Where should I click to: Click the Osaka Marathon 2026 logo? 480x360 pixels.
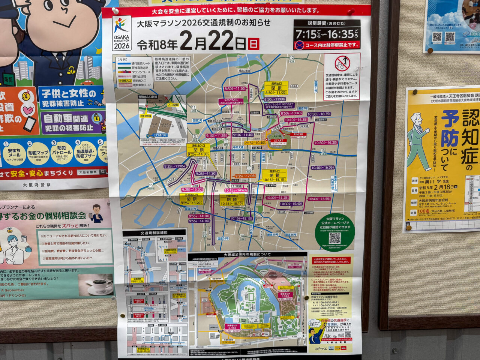click(121, 33)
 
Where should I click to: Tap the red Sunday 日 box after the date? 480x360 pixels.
click(253, 44)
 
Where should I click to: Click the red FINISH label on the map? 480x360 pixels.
click(298, 134)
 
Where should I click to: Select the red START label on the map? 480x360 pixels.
click(279, 141)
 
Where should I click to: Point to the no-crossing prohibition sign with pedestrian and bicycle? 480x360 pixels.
click(342, 63)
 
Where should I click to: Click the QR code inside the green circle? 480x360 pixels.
click(334, 238)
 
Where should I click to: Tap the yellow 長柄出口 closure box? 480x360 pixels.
click(276, 88)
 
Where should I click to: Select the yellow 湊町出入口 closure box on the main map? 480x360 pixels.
click(198, 150)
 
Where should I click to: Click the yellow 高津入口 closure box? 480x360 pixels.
click(274, 175)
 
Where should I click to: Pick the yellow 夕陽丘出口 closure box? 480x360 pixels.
click(232, 199)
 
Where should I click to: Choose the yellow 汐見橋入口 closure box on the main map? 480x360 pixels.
click(191, 199)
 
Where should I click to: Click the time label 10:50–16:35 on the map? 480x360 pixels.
click(319, 114)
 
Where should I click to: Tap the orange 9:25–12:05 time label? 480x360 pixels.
click(245, 176)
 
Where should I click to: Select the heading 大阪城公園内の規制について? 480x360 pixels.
click(247, 255)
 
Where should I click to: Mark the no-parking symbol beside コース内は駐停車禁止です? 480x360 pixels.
click(299, 45)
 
